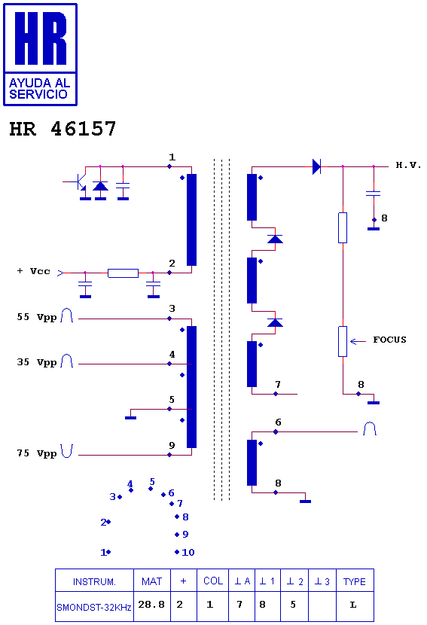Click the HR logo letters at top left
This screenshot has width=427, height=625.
click(x=40, y=38)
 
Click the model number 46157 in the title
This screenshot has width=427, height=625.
click(x=84, y=129)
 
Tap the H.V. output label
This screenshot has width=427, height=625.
click(x=408, y=165)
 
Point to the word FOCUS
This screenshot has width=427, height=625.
click(x=389, y=340)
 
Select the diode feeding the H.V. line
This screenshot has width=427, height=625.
click(x=316, y=166)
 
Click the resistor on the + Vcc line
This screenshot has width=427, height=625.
click(x=124, y=273)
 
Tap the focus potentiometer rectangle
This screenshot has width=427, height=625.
click(x=343, y=342)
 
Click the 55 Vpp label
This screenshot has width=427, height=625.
click(x=37, y=317)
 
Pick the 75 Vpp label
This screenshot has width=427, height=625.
click(x=37, y=453)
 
